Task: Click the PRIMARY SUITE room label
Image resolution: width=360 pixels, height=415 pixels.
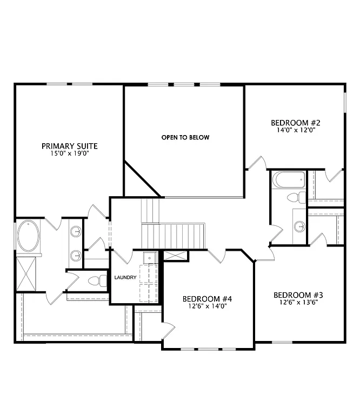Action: click(x=69, y=146)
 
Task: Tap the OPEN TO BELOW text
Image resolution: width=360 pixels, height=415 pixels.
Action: click(x=185, y=137)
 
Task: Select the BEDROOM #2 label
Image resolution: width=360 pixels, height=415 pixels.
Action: click(x=296, y=122)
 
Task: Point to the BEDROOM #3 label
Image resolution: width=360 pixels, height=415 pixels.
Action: click(x=298, y=295)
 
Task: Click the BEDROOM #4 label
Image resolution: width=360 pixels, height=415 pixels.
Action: click(x=207, y=299)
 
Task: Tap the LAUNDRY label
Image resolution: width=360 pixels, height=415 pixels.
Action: click(x=125, y=278)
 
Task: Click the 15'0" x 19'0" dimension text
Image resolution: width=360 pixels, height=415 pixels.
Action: click(x=69, y=153)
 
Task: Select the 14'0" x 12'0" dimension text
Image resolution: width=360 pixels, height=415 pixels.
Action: click(x=296, y=130)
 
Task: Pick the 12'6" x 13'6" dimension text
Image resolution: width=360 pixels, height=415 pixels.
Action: click(x=298, y=303)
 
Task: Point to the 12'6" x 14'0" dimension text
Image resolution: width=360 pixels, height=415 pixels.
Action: click(x=207, y=306)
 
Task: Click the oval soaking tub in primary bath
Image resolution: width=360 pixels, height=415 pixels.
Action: click(x=28, y=237)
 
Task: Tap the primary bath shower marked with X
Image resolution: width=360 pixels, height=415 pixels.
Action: click(x=28, y=273)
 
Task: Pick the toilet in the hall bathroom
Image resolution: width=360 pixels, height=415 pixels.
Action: click(x=296, y=197)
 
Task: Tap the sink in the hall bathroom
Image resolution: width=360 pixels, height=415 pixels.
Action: click(x=299, y=226)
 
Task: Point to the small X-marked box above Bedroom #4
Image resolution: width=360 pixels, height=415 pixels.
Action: click(x=176, y=257)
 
